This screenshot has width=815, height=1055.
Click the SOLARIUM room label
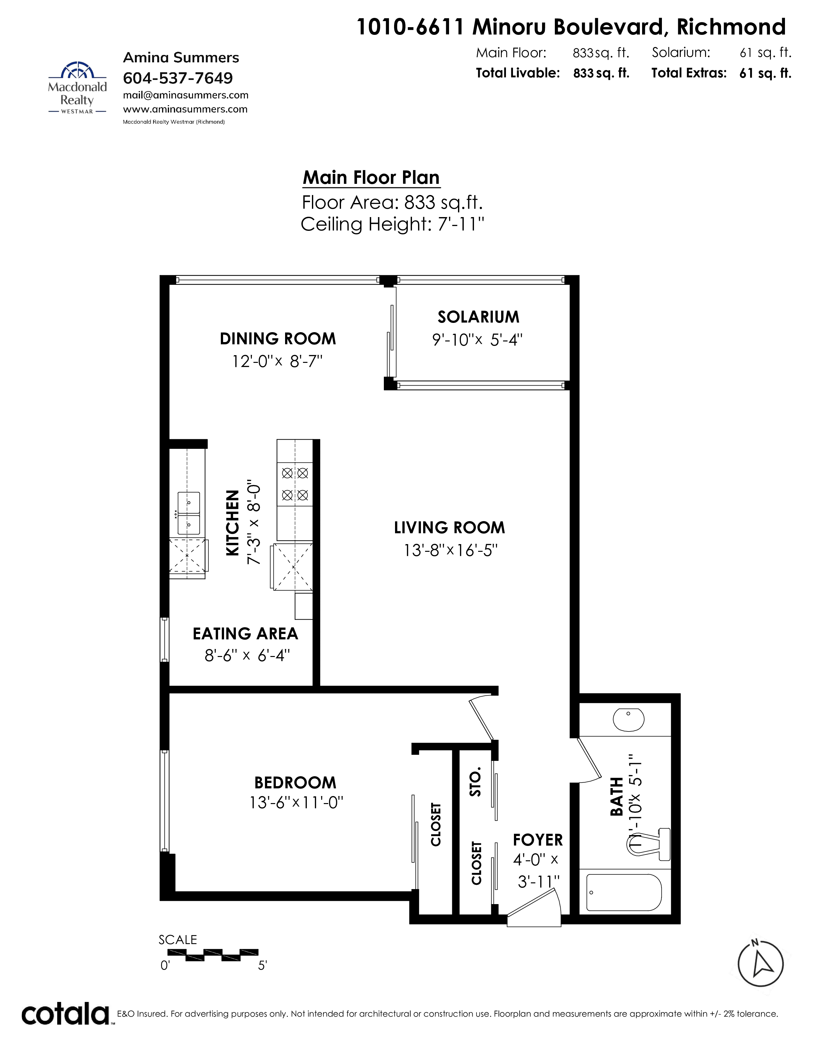tap(478, 317)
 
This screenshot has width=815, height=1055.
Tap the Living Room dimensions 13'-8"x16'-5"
tap(450, 550)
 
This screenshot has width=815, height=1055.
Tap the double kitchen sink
tap(189, 513)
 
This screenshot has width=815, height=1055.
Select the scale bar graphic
tap(213, 955)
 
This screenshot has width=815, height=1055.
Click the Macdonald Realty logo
tap(77, 87)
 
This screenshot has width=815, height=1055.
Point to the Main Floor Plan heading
tap(371, 178)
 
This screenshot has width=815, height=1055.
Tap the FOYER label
tap(538, 840)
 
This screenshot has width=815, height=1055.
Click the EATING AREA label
tap(245, 634)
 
